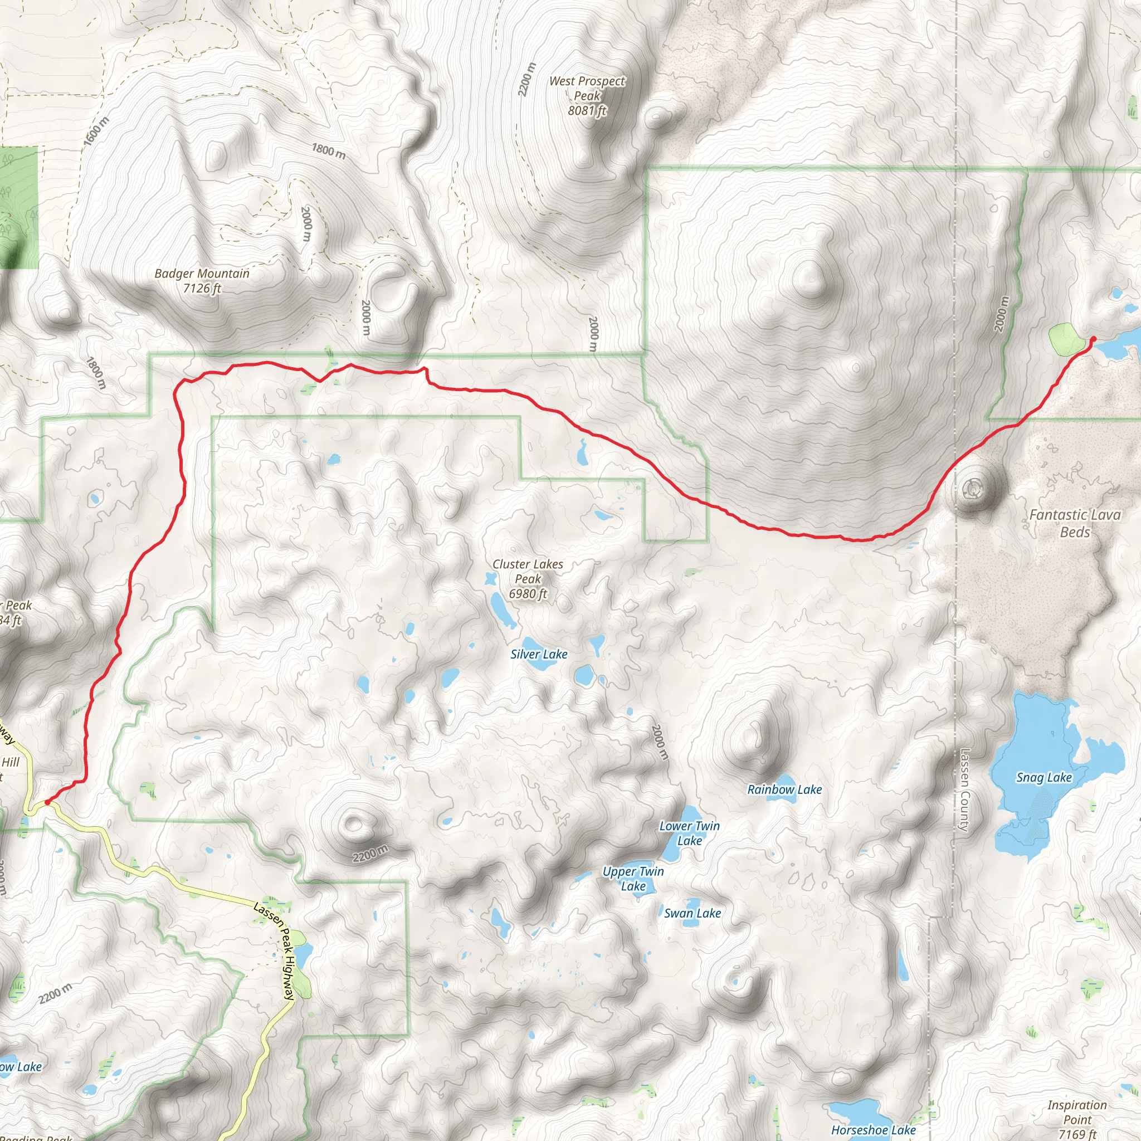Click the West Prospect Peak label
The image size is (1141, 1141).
coord(587,96)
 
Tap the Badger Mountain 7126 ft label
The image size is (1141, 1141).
coord(202,281)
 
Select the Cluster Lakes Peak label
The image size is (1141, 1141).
coord(528,579)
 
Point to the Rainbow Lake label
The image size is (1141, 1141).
coord(784,789)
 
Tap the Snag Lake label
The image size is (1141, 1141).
coord(1044,777)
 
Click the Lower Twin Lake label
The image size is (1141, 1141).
coord(689,833)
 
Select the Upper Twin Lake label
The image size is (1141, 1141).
coord(633,878)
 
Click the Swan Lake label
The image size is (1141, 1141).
coord(692,913)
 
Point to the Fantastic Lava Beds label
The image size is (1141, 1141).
coord(1074,523)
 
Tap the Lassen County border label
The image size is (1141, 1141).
coord(964,789)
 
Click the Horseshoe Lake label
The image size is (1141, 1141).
coord(873,1130)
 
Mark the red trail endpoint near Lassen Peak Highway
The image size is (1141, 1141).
coord(47,802)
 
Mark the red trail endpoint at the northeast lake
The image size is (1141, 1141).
coord(1093,338)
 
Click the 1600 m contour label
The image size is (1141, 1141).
coord(96,131)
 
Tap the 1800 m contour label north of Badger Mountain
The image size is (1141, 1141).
coord(328,151)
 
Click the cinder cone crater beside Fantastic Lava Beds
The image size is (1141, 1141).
coord(972,489)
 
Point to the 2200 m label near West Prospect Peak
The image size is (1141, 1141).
coord(527,79)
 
